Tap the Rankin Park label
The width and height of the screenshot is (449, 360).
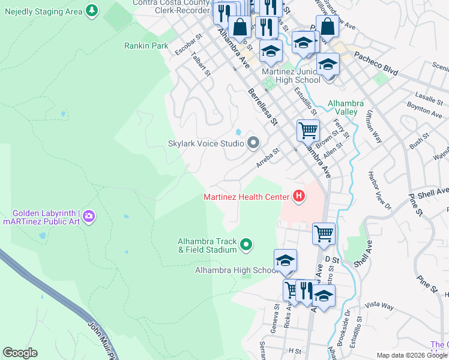coord(146,46)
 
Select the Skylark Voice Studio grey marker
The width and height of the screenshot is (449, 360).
coord(253,143)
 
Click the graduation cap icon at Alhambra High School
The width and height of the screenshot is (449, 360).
coord(285,261)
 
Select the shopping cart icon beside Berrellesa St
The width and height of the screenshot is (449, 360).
coord(307,130)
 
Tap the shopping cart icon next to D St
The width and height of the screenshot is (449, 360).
coord(324,233)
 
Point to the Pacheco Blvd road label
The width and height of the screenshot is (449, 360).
coord(376,62)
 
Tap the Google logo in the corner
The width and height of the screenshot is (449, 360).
coord(20,353)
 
